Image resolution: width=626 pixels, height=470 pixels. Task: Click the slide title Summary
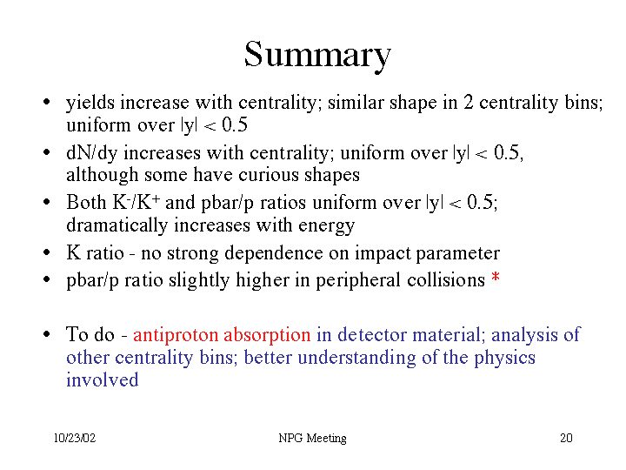[x=317, y=56]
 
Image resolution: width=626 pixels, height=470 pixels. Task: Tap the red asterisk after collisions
[x=496, y=277]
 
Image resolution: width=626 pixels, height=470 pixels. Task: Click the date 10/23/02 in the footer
[x=75, y=438]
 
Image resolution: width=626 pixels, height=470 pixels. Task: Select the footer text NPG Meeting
[x=312, y=439]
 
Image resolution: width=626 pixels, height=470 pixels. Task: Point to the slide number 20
[x=566, y=438]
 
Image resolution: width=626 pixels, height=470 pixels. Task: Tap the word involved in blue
[x=103, y=379]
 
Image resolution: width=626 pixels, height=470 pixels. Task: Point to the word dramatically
[x=117, y=225]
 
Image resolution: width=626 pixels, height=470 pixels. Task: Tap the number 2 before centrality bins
[x=468, y=103]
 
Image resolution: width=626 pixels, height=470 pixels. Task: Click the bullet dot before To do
[x=47, y=334]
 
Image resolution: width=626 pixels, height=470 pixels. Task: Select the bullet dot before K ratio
[x=47, y=252]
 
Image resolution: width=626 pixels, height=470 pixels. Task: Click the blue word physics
[x=504, y=358]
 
